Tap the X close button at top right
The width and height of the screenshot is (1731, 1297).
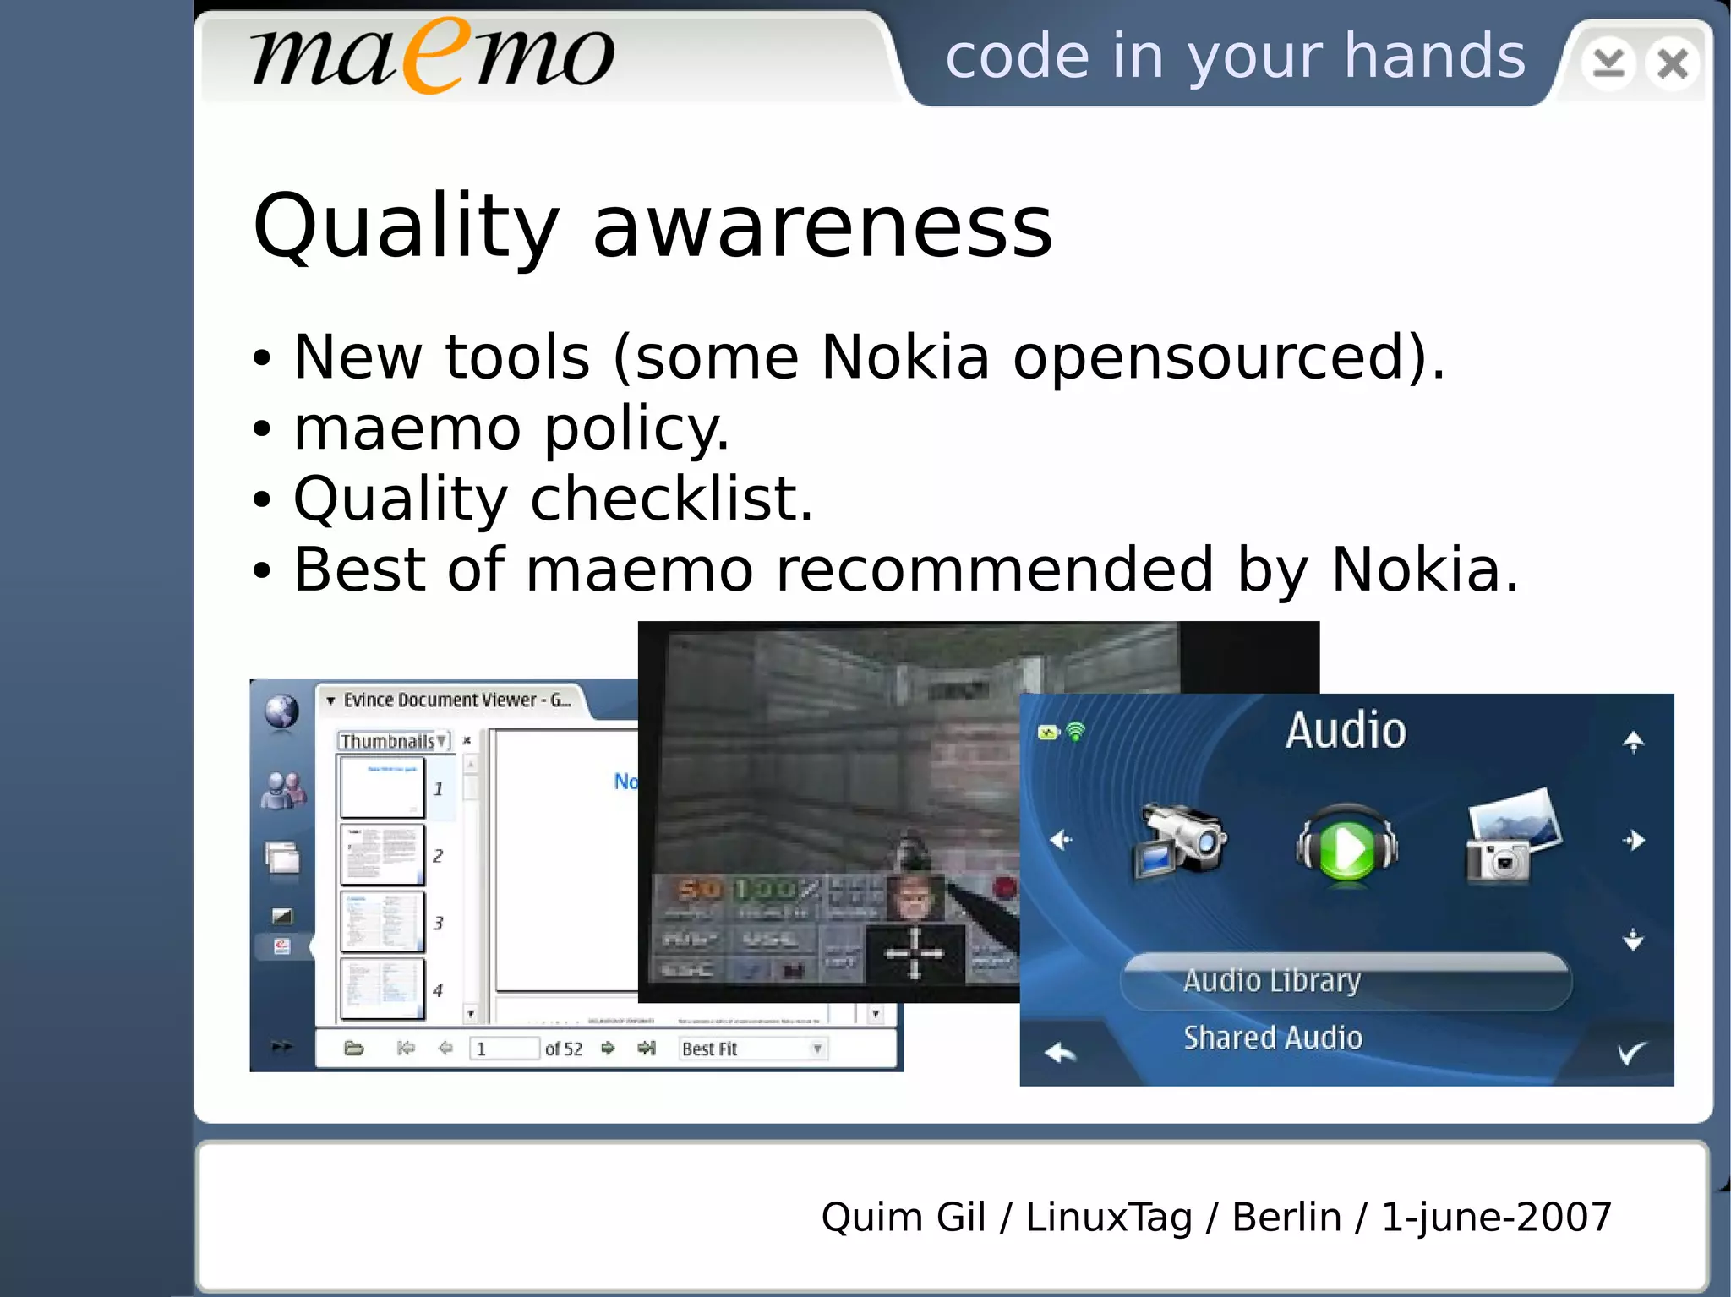coord(1672,63)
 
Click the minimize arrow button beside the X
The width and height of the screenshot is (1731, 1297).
coord(1608,63)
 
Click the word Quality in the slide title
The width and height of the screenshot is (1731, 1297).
coord(406,226)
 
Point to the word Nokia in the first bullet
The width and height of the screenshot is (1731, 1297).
coord(905,357)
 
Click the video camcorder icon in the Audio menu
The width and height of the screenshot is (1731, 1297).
coord(1178,841)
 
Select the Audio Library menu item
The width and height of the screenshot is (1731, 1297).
coord(1272,981)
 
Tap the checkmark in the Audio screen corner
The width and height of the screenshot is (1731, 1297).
coord(1631,1053)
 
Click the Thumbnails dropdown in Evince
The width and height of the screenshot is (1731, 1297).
coord(393,741)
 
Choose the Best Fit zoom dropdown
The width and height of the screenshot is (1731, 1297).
coord(751,1049)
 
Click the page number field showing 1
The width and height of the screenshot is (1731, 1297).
coord(504,1049)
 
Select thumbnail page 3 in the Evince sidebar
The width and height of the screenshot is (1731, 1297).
coord(382,922)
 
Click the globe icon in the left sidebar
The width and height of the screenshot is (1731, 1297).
coord(281,711)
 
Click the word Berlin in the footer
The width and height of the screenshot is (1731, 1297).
coord(1286,1218)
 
